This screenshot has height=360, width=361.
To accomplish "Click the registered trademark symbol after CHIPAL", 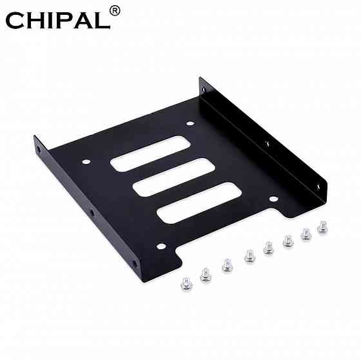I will click(x=115, y=10).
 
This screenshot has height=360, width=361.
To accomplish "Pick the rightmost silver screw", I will click(x=322, y=228).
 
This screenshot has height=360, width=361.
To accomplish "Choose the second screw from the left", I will click(x=206, y=274).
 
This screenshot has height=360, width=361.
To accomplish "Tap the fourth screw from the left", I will click(x=248, y=257).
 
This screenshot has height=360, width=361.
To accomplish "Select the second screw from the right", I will click(x=306, y=234).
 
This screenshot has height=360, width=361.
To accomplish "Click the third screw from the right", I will click(x=287, y=242).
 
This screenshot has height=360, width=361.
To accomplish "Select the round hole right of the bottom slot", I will click(x=273, y=199).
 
